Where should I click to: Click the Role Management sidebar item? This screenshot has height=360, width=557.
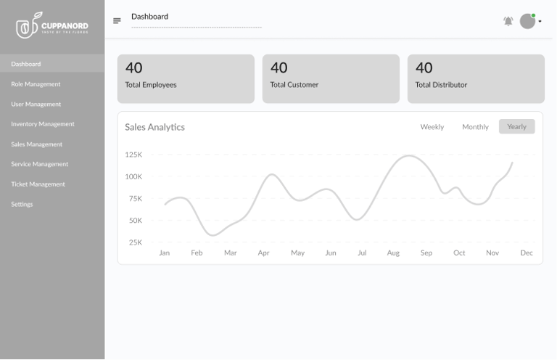pyautogui.click(x=36, y=84)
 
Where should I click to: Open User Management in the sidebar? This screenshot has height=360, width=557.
pyautogui.click(x=36, y=105)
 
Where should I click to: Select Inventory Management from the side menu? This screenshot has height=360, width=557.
pyautogui.click(x=42, y=124)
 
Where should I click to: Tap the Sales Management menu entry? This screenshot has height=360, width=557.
pyautogui.click(x=36, y=144)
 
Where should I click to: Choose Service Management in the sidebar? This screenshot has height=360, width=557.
pyautogui.click(x=39, y=164)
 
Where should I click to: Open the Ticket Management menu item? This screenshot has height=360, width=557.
pyautogui.click(x=38, y=184)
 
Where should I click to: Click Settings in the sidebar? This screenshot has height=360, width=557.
pyautogui.click(x=22, y=205)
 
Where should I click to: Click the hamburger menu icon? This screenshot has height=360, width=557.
pyautogui.click(x=117, y=21)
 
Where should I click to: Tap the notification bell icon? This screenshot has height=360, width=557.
pyautogui.click(x=508, y=21)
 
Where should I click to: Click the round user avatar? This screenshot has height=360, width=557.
pyautogui.click(x=527, y=21)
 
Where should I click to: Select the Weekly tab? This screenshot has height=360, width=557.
pyautogui.click(x=432, y=127)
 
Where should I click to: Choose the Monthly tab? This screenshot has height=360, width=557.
pyautogui.click(x=475, y=127)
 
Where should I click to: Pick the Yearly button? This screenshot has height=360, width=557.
pyautogui.click(x=516, y=127)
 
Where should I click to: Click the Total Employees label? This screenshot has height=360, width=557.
pyautogui.click(x=151, y=85)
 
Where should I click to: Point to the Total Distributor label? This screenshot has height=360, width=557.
pyautogui.click(x=441, y=85)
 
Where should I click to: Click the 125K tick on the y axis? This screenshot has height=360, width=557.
pyautogui.click(x=133, y=155)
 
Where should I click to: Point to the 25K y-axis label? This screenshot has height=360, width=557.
pyautogui.click(x=135, y=242)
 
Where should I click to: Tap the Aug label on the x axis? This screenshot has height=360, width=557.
pyautogui.click(x=393, y=253)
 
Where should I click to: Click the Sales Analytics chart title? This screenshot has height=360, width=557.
pyautogui.click(x=154, y=127)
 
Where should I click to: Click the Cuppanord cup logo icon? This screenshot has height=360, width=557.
pyautogui.click(x=27, y=27)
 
